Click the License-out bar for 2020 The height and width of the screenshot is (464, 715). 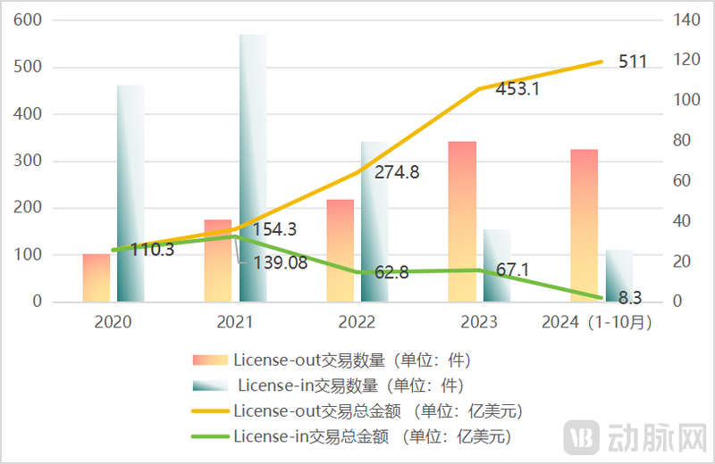pos(97,278)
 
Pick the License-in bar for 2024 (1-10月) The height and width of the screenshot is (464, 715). pos(618,276)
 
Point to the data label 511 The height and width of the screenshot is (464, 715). pos(633,62)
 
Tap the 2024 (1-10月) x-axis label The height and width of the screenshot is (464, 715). pos(597,321)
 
